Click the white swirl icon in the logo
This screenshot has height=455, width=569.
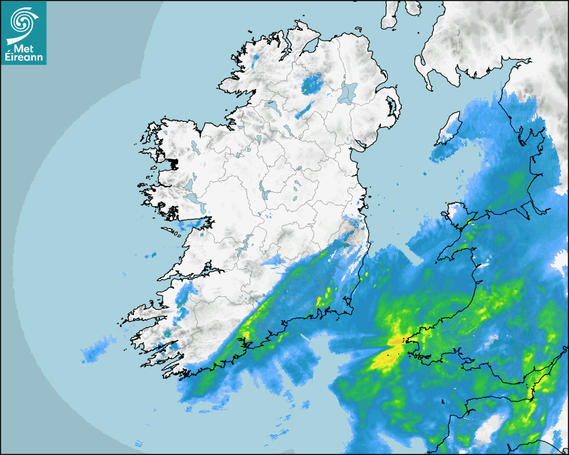click(23, 21)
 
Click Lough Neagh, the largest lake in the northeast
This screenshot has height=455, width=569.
click(348, 92)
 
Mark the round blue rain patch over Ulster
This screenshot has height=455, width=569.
click(311, 84)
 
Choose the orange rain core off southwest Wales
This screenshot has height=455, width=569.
click(396, 342)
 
